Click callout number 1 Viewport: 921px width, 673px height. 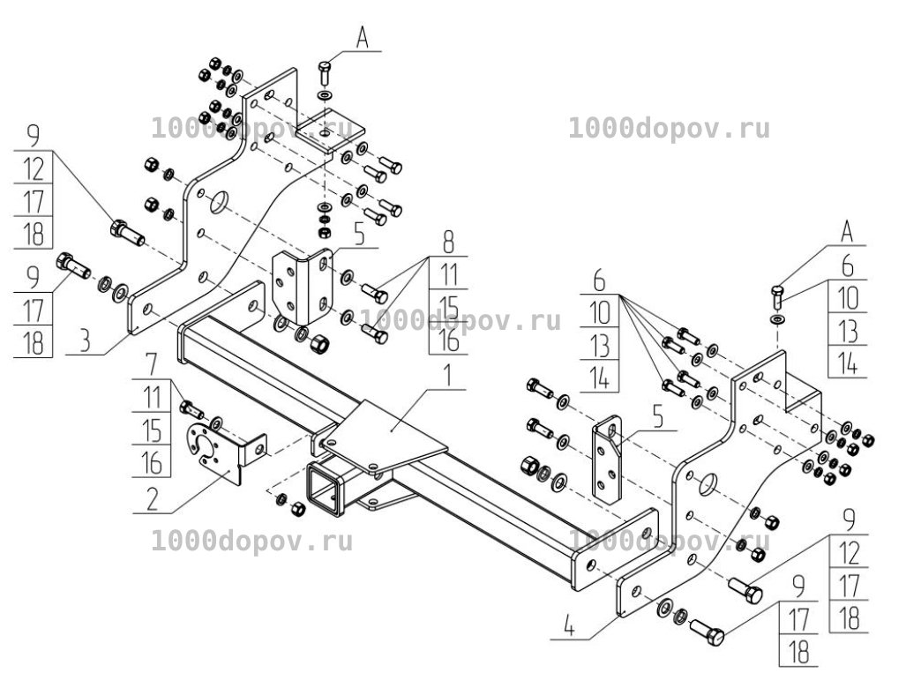coord(448,376)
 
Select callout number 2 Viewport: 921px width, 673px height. coord(152,499)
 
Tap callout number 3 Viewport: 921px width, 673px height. coord(86,340)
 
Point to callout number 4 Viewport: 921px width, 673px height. coord(569,626)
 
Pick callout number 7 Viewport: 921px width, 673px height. coord(152,364)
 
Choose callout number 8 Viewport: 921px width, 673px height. coord(448,242)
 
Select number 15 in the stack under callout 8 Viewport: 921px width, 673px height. coord(448,307)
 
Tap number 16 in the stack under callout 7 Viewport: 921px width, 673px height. coord(152,463)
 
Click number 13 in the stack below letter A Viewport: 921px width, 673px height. coord(848,332)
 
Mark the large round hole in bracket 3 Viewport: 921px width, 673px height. coord(220,203)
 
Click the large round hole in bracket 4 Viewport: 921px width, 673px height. coord(708,484)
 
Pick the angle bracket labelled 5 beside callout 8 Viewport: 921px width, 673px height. coord(303,287)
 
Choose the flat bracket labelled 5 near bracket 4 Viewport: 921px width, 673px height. coord(607,460)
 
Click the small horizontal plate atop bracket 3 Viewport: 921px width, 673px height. coord(329,131)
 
